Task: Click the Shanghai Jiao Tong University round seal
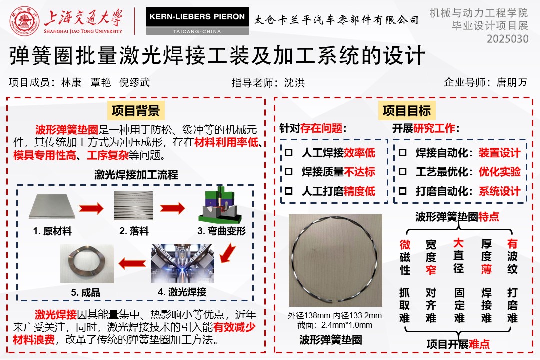click(24, 21)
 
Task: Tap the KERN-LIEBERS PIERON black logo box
click(197, 17)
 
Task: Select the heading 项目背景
click(136, 111)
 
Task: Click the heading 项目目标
click(407, 111)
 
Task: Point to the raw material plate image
click(52, 206)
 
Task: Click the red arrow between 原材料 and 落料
click(91, 208)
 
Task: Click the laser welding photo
click(182, 263)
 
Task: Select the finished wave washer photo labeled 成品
click(87, 264)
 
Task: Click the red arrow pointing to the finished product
click(132, 264)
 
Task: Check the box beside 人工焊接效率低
click(289, 152)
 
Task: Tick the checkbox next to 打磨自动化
click(402, 191)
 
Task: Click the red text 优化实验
click(499, 172)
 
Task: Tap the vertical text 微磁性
click(405, 257)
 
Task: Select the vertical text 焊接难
click(486, 305)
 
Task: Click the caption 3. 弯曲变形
click(222, 231)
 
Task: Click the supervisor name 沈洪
click(294, 83)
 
